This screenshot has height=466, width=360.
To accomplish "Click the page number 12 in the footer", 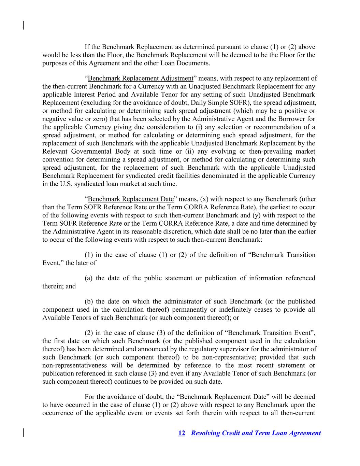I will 182,433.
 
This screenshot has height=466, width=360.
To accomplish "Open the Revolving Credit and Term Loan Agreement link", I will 256,433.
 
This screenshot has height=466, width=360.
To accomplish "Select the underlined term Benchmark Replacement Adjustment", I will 140,78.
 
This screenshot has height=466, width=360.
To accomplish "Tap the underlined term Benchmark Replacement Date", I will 131,199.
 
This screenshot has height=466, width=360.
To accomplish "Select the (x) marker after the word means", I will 205,199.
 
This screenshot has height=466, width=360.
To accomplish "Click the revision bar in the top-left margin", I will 23,25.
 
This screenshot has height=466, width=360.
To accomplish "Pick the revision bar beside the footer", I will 23,433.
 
